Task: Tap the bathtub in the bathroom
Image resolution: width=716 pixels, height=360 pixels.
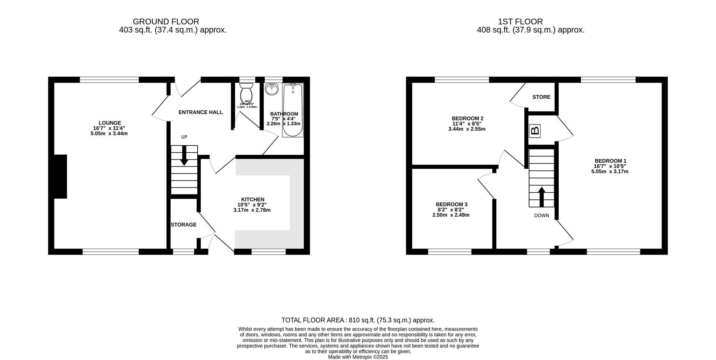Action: (x=293, y=110)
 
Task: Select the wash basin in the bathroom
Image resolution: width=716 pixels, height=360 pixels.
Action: (x=272, y=89)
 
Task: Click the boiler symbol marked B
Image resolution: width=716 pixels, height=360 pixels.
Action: (x=535, y=131)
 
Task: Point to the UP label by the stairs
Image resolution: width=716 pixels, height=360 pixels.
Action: (x=184, y=137)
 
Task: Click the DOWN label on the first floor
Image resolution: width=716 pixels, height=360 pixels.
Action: (x=541, y=215)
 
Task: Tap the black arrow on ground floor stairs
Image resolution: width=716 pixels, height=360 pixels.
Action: (x=184, y=155)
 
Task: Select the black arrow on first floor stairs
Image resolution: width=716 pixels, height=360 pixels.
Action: (x=541, y=196)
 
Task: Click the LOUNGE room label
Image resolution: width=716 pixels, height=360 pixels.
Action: (x=110, y=123)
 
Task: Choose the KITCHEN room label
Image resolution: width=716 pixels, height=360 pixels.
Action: (x=252, y=199)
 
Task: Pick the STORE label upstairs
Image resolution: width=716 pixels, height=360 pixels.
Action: (x=541, y=97)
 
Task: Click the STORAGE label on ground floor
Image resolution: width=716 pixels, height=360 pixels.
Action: (x=183, y=225)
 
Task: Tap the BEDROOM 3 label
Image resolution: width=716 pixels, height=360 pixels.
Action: (x=451, y=205)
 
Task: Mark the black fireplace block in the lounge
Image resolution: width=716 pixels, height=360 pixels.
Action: (x=60, y=176)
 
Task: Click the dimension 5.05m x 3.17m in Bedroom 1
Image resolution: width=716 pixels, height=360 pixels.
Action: (x=610, y=172)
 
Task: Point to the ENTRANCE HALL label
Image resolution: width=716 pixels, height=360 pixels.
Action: (x=201, y=112)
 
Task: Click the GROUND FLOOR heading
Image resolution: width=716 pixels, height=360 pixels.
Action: (x=166, y=22)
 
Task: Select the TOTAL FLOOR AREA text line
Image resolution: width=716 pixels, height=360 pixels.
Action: (x=358, y=320)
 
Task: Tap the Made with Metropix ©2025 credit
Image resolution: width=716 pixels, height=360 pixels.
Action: (x=358, y=357)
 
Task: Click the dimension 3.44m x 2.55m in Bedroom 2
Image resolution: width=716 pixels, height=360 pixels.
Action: (x=467, y=129)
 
